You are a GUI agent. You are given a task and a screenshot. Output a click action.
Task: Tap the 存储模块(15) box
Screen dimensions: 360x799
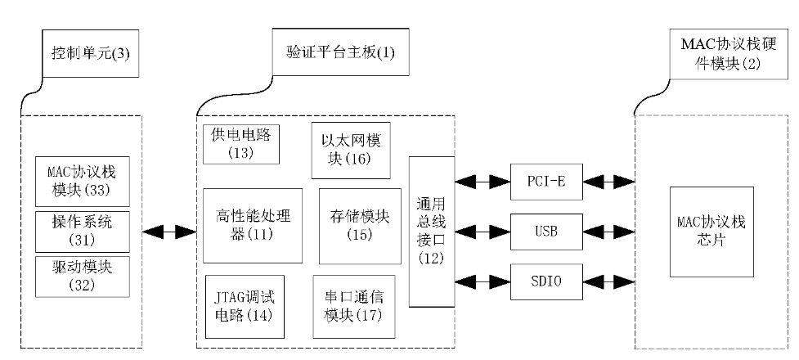[x=353, y=225]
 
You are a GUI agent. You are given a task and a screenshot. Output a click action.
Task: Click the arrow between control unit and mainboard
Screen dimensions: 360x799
[x=169, y=232]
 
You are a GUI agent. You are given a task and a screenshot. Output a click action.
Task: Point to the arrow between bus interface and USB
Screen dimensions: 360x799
[x=483, y=231]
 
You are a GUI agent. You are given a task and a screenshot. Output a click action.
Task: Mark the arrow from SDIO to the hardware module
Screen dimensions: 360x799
[x=612, y=283]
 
